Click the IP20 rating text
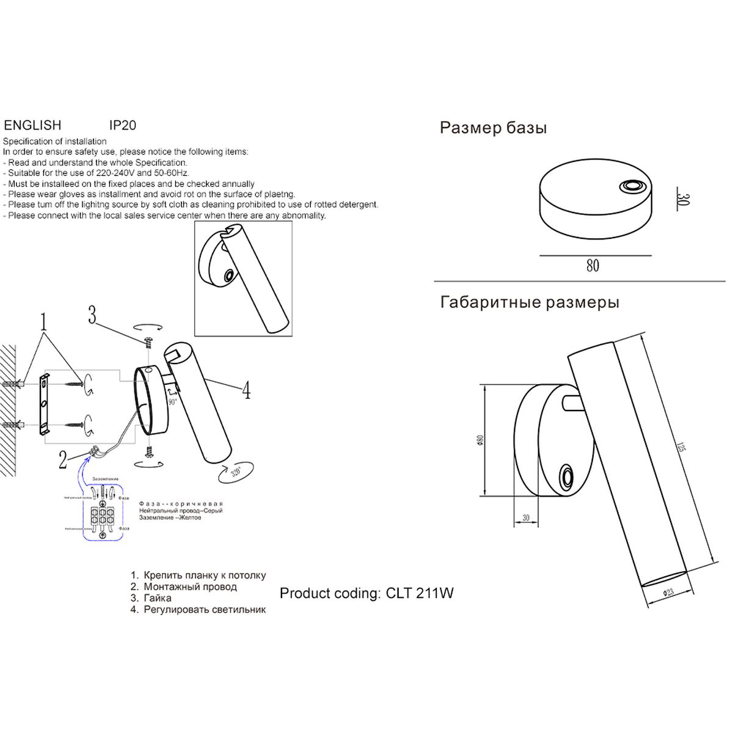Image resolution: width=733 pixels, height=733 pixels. [x=122, y=125]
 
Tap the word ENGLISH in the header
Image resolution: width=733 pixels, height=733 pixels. [x=32, y=125]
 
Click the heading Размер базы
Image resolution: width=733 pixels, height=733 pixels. [x=493, y=128]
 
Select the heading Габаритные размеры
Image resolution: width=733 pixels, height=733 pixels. [x=529, y=302]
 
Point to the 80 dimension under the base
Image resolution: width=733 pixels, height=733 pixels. [x=592, y=266]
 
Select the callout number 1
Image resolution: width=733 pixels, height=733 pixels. [x=43, y=321]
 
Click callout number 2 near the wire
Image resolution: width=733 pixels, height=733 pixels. [x=62, y=459]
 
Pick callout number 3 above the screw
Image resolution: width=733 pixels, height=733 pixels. [x=92, y=316]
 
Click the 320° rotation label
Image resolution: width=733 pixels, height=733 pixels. [x=237, y=472]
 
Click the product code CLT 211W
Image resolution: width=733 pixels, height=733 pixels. [x=420, y=593]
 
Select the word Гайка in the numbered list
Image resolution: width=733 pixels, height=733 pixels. [x=158, y=598]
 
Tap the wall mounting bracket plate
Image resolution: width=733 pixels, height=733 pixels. [x=44, y=405]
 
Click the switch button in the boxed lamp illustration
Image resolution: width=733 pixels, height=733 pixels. [x=228, y=276]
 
